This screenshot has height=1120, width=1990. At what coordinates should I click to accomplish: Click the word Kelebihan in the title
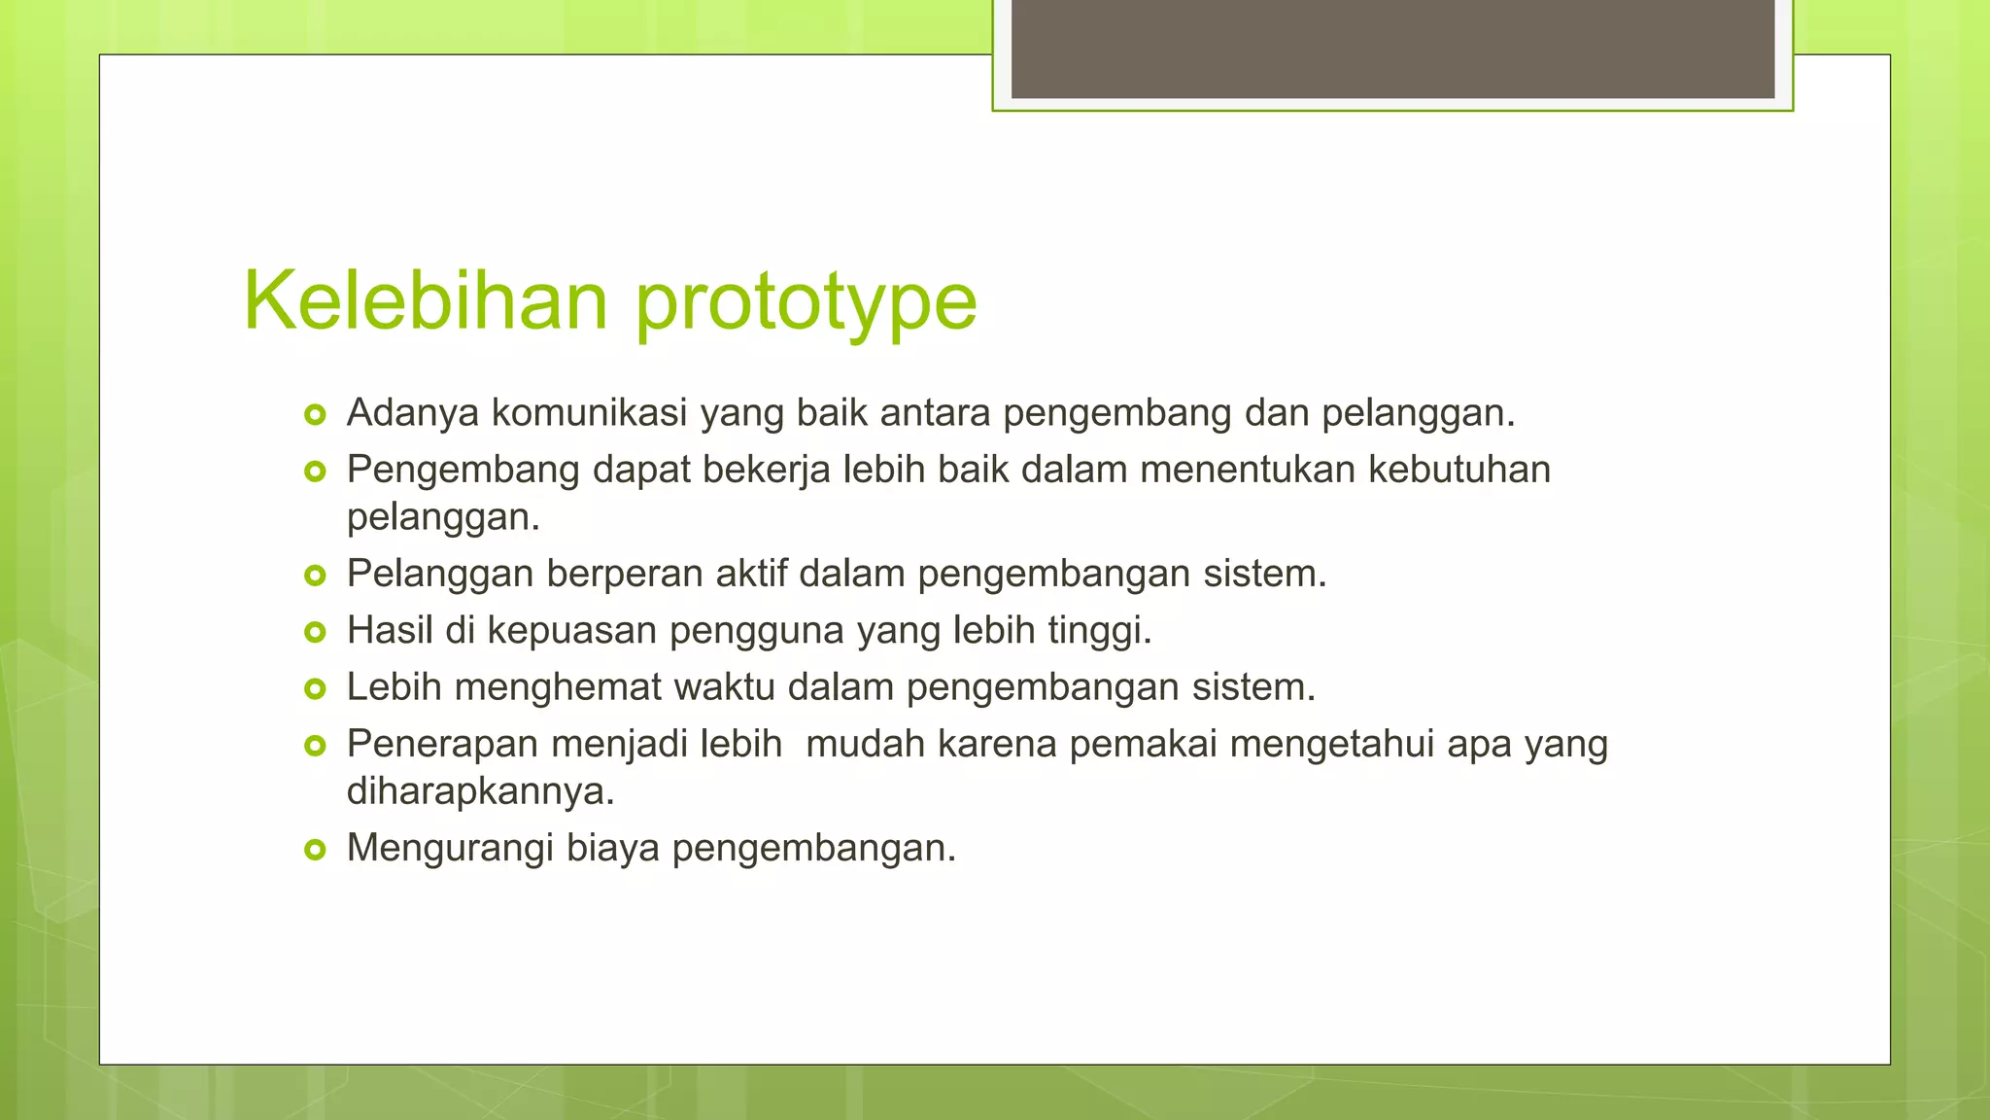[425, 300]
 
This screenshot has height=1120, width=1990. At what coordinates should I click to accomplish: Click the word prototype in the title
[806, 303]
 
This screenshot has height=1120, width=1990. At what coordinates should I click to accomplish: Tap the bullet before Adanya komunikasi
[314, 415]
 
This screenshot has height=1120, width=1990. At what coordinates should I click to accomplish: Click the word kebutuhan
[1459, 470]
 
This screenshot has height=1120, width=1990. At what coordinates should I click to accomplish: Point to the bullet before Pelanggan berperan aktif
[314, 576]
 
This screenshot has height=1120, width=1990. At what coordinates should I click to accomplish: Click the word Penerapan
[443, 745]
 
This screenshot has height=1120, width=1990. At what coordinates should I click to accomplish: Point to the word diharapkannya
[480, 791]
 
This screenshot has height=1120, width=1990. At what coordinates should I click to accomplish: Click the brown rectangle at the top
[1392, 49]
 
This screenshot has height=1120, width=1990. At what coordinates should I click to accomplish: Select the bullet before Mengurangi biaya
[314, 851]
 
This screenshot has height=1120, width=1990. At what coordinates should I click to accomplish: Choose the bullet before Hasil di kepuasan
[314, 633]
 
